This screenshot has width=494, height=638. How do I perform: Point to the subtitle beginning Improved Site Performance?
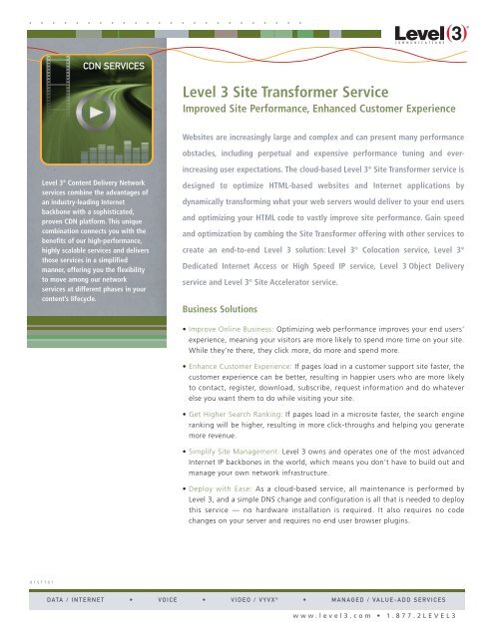(305, 110)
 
